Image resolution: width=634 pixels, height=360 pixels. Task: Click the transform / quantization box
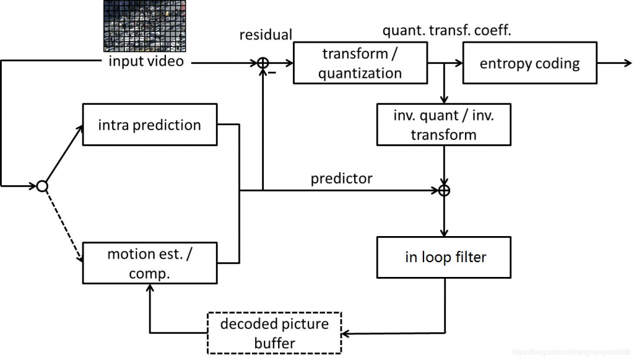click(360, 64)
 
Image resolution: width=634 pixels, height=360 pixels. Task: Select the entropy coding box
click(529, 63)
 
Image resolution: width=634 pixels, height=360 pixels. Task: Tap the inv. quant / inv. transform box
click(443, 125)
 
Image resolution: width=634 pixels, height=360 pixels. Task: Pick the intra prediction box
click(149, 125)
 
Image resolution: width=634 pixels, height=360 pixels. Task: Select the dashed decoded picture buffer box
click(274, 333)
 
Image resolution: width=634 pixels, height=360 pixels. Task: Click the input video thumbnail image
click(145, 26)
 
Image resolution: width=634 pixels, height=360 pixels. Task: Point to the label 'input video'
click(146, 61)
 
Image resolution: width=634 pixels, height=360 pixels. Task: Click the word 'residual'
click(266, 35)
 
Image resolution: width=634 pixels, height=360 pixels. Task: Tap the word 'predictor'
click(341, 178)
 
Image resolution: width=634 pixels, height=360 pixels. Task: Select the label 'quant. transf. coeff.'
click(446, 30)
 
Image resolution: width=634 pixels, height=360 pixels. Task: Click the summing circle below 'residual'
click(263, 63)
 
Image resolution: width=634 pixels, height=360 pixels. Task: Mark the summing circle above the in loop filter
click(443, 190)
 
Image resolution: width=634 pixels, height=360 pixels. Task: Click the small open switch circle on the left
click(42, 185)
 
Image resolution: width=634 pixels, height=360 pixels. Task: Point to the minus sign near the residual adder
click(270, 74)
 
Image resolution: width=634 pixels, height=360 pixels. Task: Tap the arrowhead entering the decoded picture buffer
click(346, 334)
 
